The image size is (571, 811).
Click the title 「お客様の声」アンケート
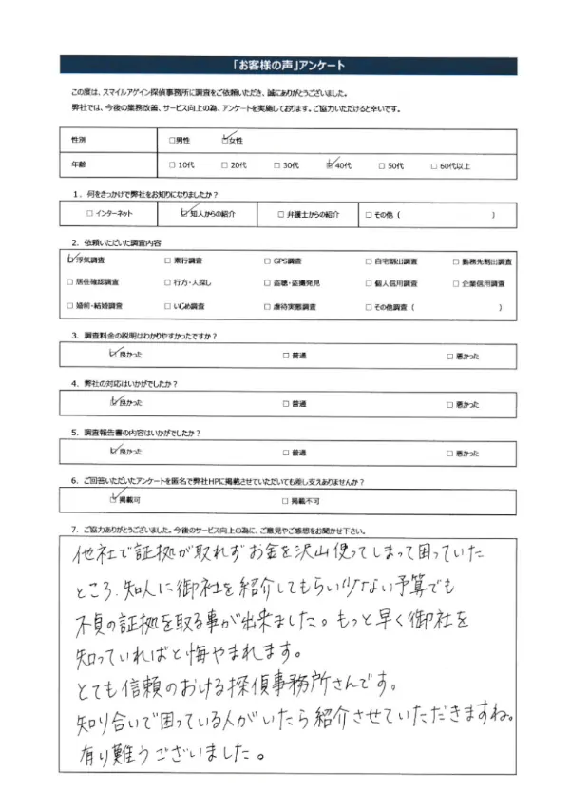[285, 66]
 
